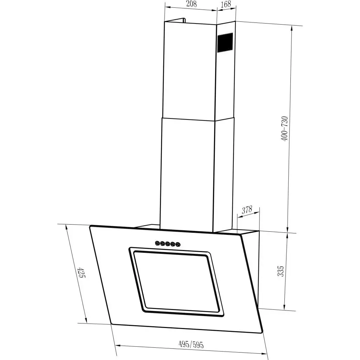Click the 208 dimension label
[191, 4]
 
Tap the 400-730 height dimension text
[284, 128]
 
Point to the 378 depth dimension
[247, 210]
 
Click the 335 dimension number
[280, 271]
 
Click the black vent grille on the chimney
[225, 43]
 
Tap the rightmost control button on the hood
[178, 244]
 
